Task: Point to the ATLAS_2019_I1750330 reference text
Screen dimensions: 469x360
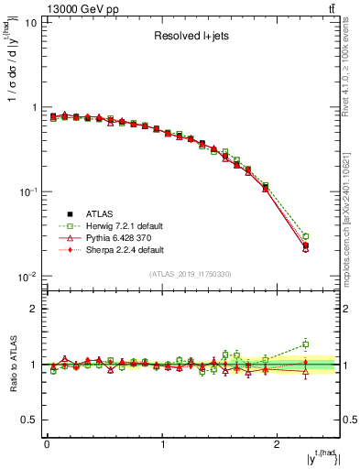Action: click(x=191, y=274)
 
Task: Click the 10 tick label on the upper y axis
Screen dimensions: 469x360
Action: click(x=30, y=23)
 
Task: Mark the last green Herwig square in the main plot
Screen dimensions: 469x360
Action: click(x=306, y=236)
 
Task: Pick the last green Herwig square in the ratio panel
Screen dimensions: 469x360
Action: click(x=306, y=344)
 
